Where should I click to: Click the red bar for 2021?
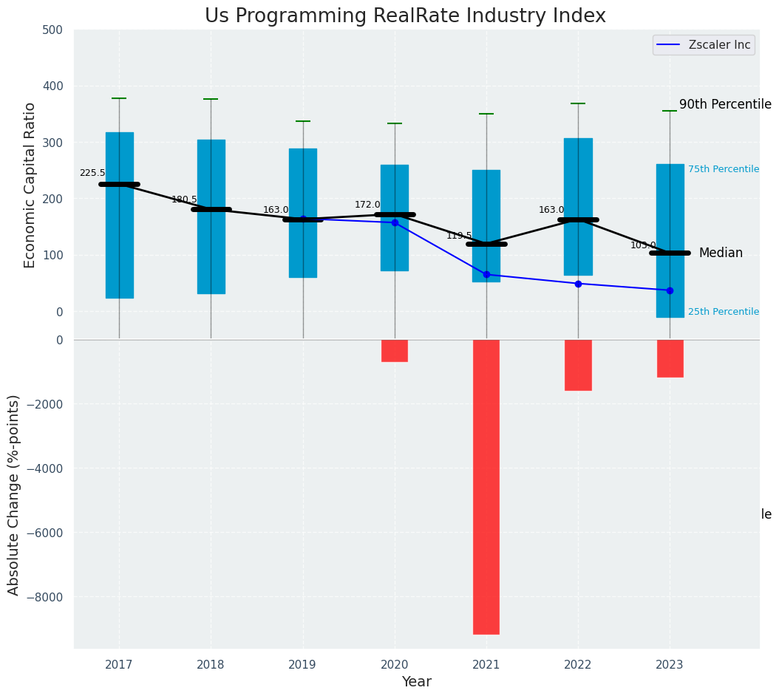click(486, 486)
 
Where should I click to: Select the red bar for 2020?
click(395, 351)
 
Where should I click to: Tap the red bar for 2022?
click(578, 365)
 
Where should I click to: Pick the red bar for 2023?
click(670, 358)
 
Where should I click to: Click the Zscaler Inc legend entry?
click(703, 45)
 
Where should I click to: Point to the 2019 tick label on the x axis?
click(302, 665)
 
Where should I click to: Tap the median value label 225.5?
click(92, 173)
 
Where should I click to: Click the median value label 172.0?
click(367, 205)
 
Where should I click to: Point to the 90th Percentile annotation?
click(725, 105)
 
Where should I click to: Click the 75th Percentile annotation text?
click(724, 169)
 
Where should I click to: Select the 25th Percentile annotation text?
click(724, 312)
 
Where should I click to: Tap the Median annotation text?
click(721, 253)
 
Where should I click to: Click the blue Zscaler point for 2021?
click(486, 275)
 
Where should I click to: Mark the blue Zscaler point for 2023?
click(670, 290)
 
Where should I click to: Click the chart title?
click(405, 16)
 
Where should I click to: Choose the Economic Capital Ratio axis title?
click(30, 185)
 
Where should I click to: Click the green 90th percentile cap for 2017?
click(119, 98)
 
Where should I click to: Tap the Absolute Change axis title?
click(14, 494)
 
